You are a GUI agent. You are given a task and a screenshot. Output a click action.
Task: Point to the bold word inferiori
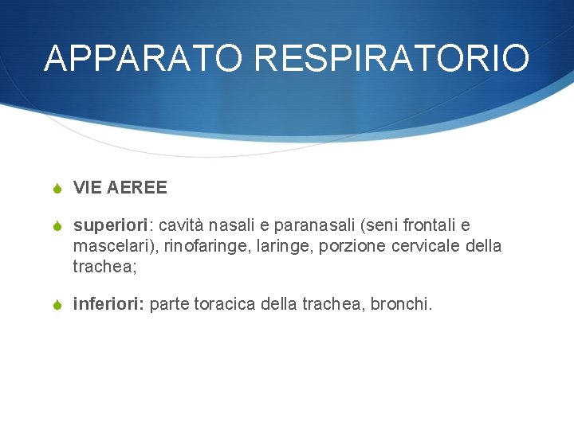click(106, 303)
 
